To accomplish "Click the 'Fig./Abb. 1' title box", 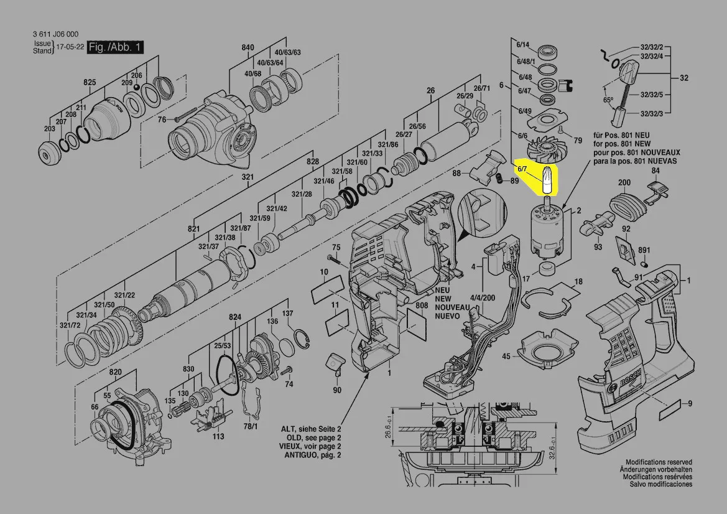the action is [x=115, y=47].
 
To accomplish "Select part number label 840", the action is [x=248, y=47].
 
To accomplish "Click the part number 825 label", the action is [x=90, y=82].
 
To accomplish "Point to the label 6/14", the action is [x=522, y=45].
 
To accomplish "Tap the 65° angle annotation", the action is [x=608, y=100].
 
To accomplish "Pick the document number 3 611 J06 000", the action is [x=55, y=34].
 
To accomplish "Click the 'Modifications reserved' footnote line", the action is [x=659, y=462].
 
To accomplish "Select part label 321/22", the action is [x=125, y=295].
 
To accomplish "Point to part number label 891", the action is [x=644, y=250].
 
